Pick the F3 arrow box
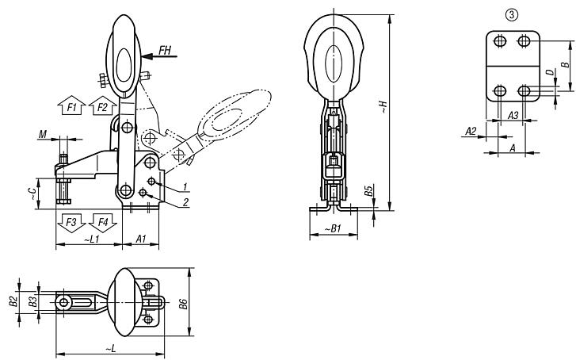click(x=70, y=220)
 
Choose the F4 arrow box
click(x=101, y=220)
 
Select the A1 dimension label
click(x=141, y=238)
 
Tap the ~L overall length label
click(x=109, y=347)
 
